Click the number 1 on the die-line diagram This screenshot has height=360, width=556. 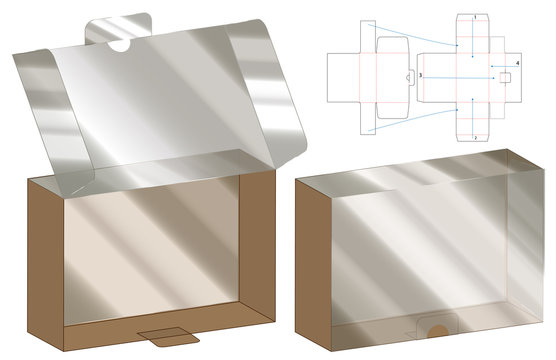pyautogui.click(x=474, y=17)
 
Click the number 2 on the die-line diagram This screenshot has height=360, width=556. pyautogui.click(x=474, y=135)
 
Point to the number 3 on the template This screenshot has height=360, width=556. pyautogui.click(x=421, y=76)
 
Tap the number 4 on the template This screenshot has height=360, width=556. pyautogui.click(x=517, y=63)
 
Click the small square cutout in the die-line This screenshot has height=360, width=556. pyautogui.click(x=505, y=76)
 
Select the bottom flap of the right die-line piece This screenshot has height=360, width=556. pyautogui.click(x=474, y=121)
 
